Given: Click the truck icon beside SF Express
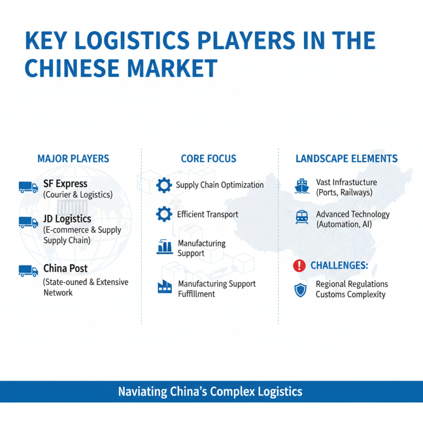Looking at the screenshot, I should point(28,187).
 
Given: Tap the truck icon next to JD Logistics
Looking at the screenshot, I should point(28,223).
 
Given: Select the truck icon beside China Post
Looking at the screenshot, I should point(28,271).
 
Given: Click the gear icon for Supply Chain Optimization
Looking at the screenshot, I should point(164,185).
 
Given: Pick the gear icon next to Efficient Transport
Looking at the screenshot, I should point(164,214).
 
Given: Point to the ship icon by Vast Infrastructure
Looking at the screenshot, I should point(302,186).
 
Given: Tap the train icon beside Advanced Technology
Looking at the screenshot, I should point(302,217).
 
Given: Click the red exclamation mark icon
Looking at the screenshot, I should point(300,265).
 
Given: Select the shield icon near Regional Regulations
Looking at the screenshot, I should point(300,289).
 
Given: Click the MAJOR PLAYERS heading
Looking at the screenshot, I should point(73,159).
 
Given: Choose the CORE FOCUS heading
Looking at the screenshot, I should point(208,159).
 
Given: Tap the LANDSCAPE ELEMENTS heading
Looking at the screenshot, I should point(346,159).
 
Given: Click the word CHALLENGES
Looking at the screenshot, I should point(339,265).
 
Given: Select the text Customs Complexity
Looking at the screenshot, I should point(351,295).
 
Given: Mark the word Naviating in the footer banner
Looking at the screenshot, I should point(141,392).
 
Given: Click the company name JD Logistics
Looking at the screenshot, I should point(67,219).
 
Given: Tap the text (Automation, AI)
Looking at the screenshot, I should point(344,224).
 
